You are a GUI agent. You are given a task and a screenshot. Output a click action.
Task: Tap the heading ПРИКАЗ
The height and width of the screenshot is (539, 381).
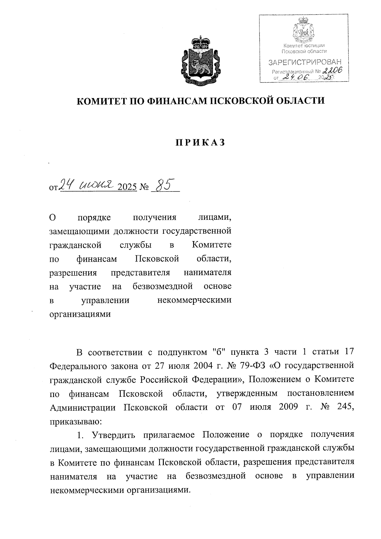200,143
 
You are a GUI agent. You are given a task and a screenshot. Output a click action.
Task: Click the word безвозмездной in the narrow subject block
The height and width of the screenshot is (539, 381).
163,286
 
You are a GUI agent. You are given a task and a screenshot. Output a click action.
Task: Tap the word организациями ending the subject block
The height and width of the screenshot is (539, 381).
80,314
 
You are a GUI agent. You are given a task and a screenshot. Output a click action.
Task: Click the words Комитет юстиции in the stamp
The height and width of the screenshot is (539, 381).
304,46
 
